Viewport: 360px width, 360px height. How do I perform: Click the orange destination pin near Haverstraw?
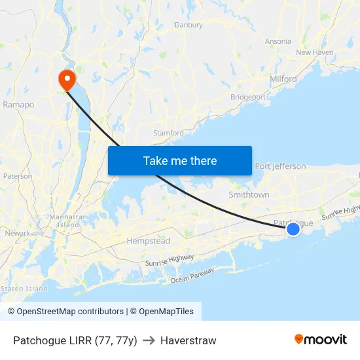[x=67, y=79]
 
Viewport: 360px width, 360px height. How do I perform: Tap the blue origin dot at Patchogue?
[x=293, y=228]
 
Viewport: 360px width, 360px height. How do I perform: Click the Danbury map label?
[x=189, y=25]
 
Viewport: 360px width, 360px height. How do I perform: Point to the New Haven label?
[x=315, y=52]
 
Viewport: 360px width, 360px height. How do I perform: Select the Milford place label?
[x=283, y=79]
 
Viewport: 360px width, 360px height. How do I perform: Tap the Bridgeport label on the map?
[x=248, y=97]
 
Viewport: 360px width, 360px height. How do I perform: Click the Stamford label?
[x=168, y=133]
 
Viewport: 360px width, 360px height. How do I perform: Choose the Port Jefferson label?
[x=280, y=166]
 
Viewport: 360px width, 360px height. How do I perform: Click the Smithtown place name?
[x=249, y=195]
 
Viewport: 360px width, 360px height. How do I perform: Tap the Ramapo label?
[x=18, y=104]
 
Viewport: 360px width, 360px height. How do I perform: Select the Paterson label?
[x=18, y=176]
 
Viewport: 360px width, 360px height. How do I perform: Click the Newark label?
[x=18, y=233]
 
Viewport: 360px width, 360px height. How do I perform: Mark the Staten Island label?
[x=24, y=288]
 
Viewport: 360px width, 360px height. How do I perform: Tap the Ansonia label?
[x=278, y=41]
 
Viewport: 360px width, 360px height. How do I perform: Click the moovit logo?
[x=321, y=339]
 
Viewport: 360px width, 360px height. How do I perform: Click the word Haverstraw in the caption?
[x=188, y=340]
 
